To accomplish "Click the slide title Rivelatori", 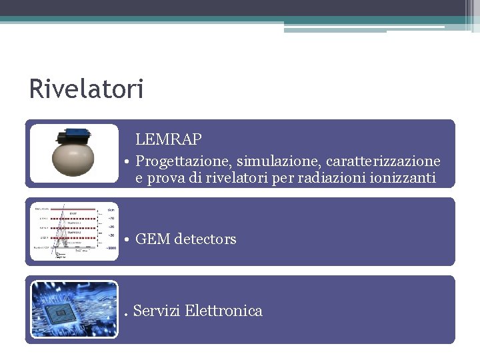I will [x=86, y=89].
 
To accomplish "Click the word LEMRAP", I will [x=169, y=139].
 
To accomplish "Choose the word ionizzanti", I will [x=402, y=178].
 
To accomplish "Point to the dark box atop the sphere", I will [x=75, y=137].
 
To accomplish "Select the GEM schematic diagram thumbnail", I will [x=73, y=231].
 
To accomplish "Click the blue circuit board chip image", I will [x=73, y=310].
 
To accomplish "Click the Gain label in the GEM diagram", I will [x=111, y=209].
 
